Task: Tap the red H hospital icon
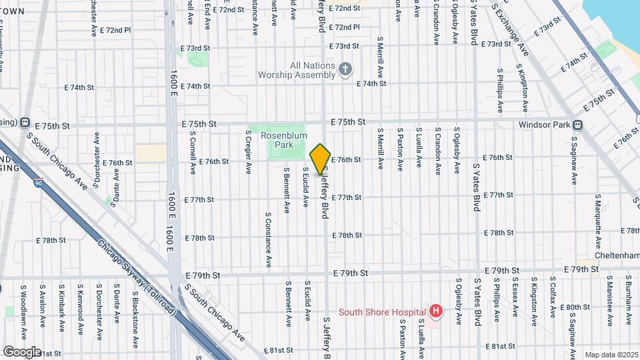436,311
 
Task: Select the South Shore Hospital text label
382,311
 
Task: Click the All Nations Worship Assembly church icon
345,69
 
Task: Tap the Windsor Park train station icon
578,125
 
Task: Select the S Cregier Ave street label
247,152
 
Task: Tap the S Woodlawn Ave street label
23,307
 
